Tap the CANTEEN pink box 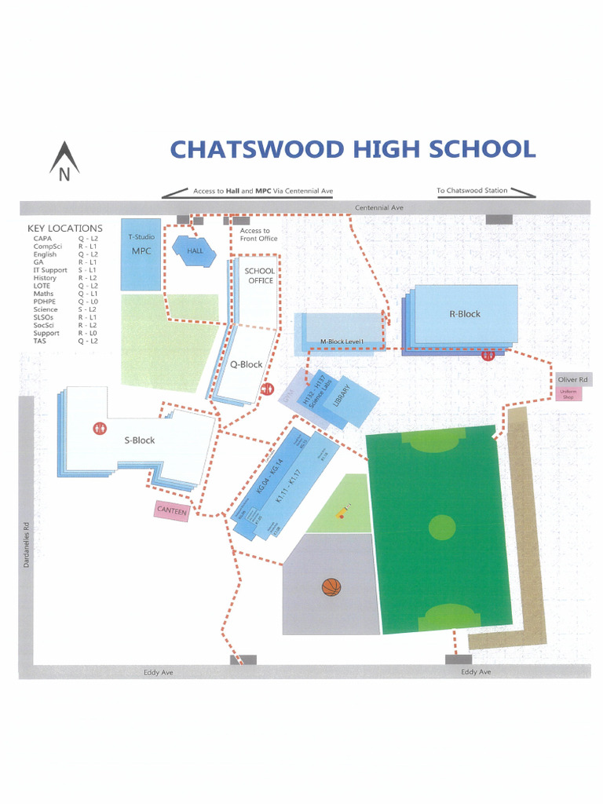pos(172,510)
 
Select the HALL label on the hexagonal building pos(194,250)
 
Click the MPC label pos(141,251)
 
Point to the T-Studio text pos(141,236)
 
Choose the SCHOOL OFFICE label pos(260,276)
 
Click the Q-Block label pos(246,364)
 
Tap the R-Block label pos(464,314)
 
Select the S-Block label pos(140,440)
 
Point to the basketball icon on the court pos(331,587)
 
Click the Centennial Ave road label pos(379,207)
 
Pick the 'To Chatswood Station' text pos(472,190)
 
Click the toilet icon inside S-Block pos(100,429)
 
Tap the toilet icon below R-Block pos(488,355)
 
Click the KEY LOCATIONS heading pos(64,228)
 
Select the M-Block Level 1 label pos(343,342)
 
